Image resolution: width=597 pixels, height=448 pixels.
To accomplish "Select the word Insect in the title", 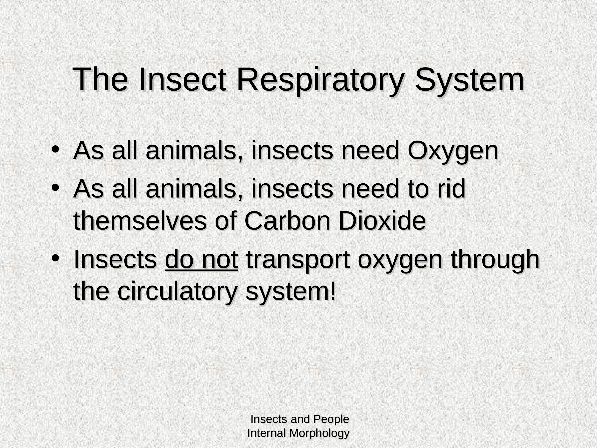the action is coord(183,80).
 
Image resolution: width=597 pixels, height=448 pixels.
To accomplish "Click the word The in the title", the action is coord(100,80).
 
